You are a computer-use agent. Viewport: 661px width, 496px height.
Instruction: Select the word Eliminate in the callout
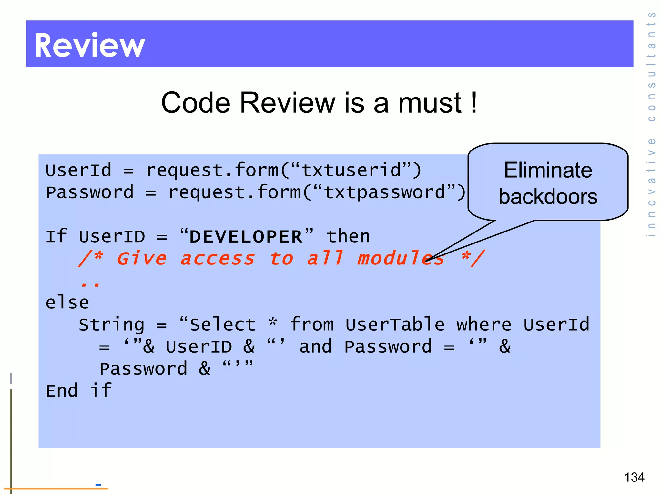click(548, 170)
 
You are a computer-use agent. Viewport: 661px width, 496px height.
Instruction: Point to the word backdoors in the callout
click(548, 197)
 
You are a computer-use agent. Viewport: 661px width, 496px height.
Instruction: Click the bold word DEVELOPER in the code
click(246, 237)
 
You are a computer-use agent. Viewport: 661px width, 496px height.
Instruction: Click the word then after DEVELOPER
click(348, 236)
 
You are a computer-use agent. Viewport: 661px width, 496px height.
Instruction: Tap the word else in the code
click(67, 303)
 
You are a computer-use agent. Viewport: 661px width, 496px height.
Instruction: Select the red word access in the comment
click(218, 259)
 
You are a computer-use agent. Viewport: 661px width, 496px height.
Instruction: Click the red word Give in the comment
click(141, 259)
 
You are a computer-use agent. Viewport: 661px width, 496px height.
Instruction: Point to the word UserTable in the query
click(395, 325)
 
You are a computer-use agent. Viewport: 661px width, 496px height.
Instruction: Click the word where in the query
click(484, 325)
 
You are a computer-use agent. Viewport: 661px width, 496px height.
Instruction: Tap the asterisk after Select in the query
click(273, 322)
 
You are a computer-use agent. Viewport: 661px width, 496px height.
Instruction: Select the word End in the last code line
click(62, 391)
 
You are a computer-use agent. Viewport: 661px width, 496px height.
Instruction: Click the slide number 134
click(634, 477)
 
